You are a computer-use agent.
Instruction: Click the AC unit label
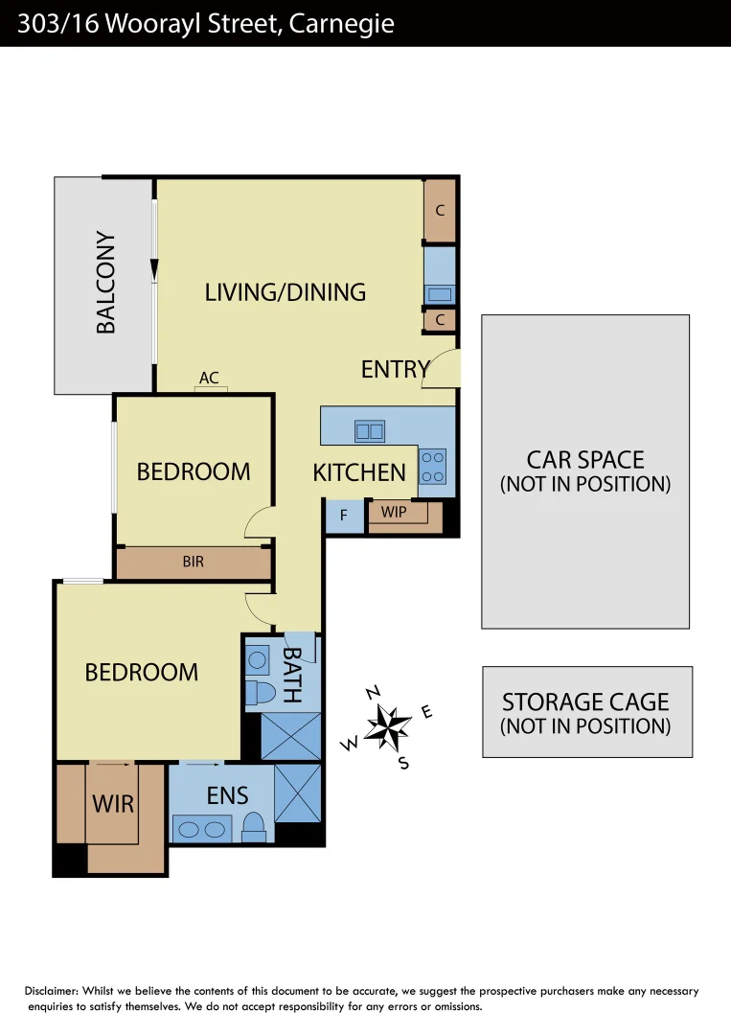pyautogui.click(x=209, y=379)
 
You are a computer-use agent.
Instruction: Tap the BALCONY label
pyautogui.click(x=106, y=283)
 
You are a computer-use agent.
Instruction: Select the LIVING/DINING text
pyautogui.click(x=286, y=292)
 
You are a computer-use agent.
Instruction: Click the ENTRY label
pyautogui.click(x=395, y=369)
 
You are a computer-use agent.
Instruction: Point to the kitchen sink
pyautogui.click(x=370, y=431)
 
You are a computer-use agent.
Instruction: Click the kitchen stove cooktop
pyautogui.click(x=433, y=466)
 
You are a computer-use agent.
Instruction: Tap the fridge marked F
pyautogui.click(x=344, y=516)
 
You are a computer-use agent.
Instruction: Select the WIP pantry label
pyautogui.click(x=394, y=512)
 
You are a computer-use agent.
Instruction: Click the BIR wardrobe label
pyautogui.click(x=194, y=562)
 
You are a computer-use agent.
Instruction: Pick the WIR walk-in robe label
pyautogui.click(x=113, y=803)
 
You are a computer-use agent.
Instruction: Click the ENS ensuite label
pyautogui.click(x=227, y=794)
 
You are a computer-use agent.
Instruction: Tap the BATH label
pyautogui.click(x=292, y=675)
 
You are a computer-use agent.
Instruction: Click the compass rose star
pyautogui.click(x=388, y=727)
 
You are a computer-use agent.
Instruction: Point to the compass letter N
pyautogui.click(x=375, y=693)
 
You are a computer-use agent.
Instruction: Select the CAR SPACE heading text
pyautogui.click(x=585, y=460)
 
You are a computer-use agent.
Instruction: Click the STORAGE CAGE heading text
pyautogui.click(x=585, y=702)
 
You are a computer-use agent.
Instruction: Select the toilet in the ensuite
pyautogui.click(x=254, y=826)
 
